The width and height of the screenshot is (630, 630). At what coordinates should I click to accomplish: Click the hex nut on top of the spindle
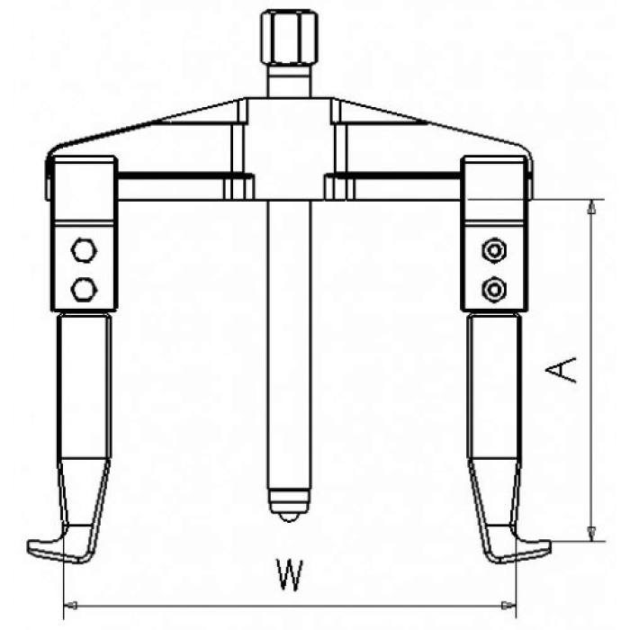pyautogui.click(x=289, y=37)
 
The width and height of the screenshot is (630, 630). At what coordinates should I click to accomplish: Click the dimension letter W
pyautogui.click(x=290, y=574)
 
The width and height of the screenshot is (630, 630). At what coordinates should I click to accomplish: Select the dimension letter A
pyautogui.click(x=561, y=370)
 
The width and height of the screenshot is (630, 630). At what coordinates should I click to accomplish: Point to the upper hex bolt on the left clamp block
pyautogui.click(x=84, y=250)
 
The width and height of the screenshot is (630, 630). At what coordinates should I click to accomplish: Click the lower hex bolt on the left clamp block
pyautogui.click(x=84, y=289)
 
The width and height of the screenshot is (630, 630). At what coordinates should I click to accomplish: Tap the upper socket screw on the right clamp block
pyautogui.click(x=494, y=250)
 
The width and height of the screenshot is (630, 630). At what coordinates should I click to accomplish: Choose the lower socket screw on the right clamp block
pyautogui.click(x=494, y=289)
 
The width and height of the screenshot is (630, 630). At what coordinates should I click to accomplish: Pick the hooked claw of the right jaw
pyautogui.click(x=518, y=547)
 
